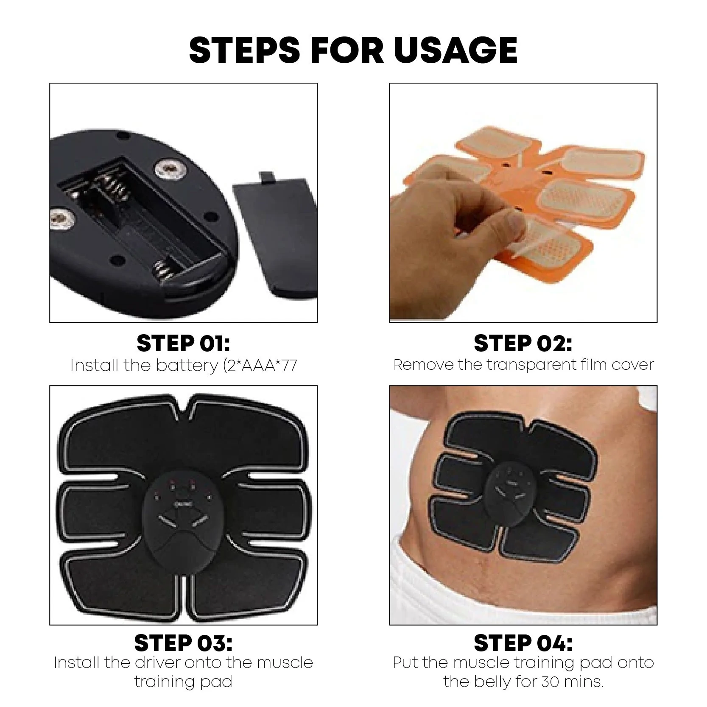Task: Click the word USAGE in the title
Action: [x=455, y=50]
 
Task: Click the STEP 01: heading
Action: [x=183, y=343]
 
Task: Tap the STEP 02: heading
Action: [x=523, y=343]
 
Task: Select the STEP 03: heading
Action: [x=183, y=643]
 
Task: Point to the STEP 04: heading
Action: [x=523, y=643]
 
